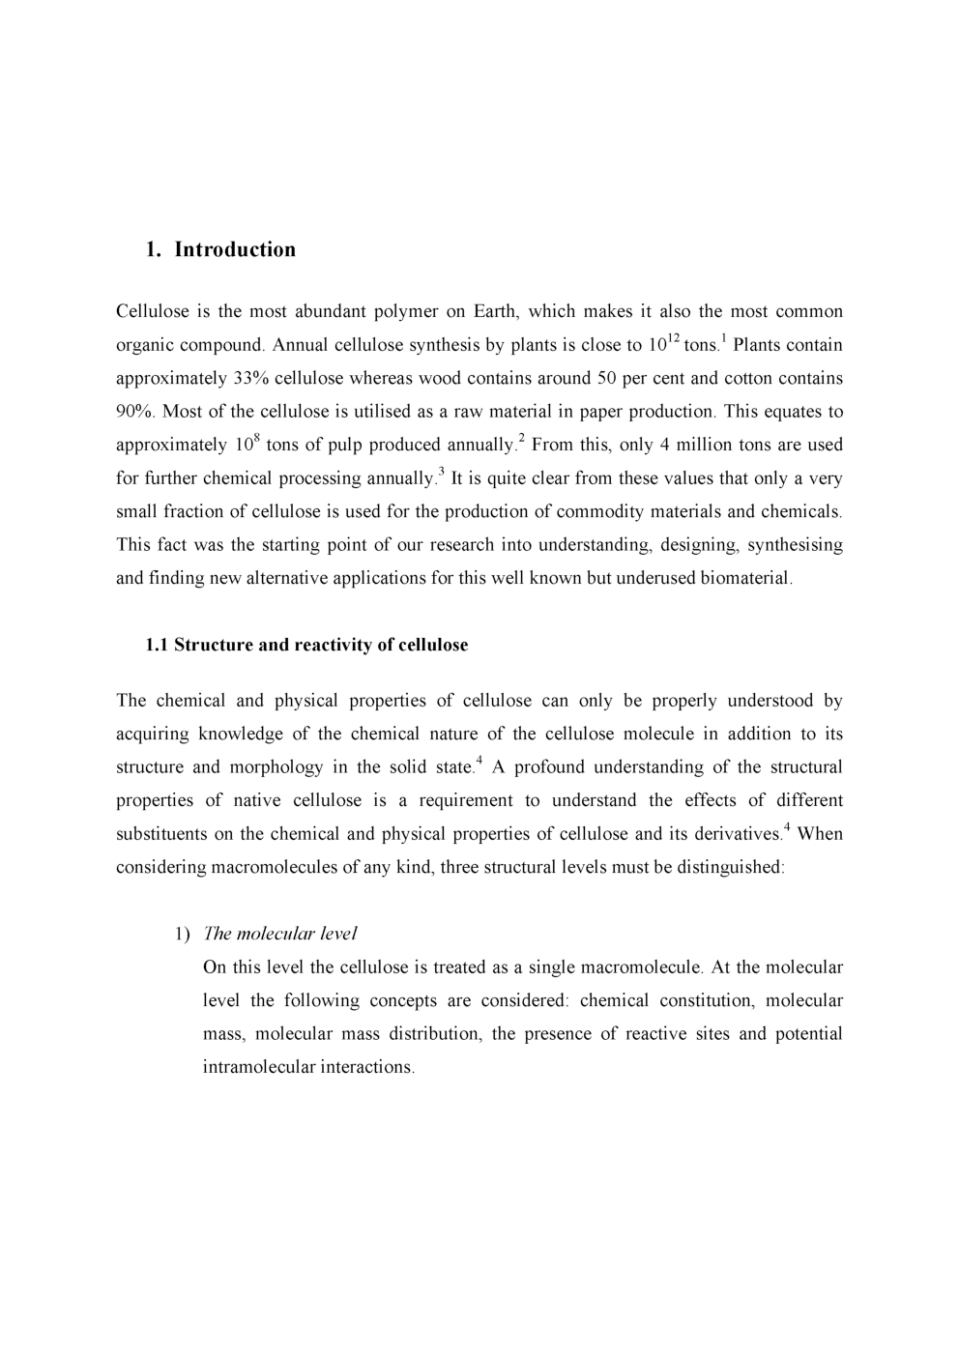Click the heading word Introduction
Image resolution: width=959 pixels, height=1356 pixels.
tap(235, 249)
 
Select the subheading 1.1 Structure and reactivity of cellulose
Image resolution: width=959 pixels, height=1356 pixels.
tap(306, 646)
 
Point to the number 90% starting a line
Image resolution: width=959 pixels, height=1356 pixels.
tap(134, 412)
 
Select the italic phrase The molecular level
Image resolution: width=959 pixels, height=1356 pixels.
tap(280, 934)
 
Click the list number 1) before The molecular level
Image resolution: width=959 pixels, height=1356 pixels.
tap(183, 934)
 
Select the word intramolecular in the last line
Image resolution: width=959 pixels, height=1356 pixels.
tap(259, 1067)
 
